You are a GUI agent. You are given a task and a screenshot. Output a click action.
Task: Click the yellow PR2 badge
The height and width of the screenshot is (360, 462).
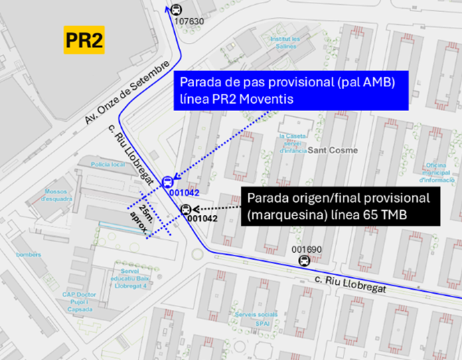(x=84, y=41)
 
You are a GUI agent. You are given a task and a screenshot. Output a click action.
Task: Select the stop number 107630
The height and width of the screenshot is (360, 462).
(x=189, y=21)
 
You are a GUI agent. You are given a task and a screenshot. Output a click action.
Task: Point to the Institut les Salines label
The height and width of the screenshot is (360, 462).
(x=285, y=41)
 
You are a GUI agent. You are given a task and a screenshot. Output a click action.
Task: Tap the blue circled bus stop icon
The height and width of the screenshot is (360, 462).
(x=167, y=181)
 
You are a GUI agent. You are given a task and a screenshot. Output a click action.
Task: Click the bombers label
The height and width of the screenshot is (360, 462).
(x=29, y=254)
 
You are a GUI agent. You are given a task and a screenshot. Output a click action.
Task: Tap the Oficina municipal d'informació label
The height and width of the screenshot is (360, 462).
(x=439, y=173)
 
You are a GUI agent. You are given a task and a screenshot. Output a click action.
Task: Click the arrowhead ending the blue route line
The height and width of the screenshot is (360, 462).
(x=167, y=8)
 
